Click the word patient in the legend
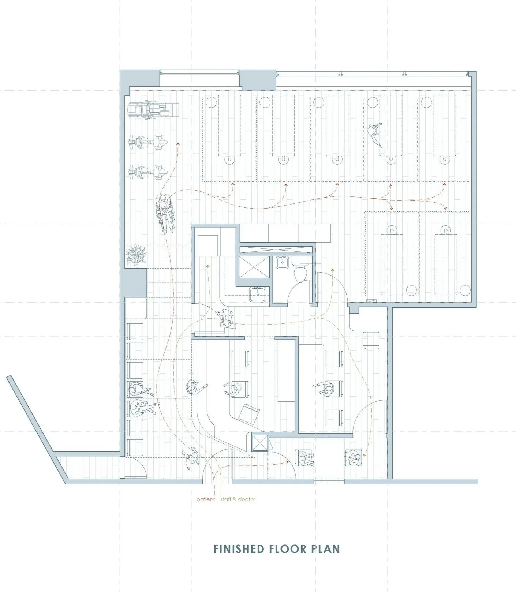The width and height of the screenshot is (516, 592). (206, 499)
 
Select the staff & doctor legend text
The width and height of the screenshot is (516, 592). (238, 499)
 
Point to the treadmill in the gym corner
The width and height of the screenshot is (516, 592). (153, 109)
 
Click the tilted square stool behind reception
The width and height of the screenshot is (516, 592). (248, 413)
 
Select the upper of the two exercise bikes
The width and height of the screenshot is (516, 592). (148, 142)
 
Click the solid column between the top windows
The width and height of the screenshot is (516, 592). (258, 79)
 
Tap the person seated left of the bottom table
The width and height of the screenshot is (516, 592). (304, 458)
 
